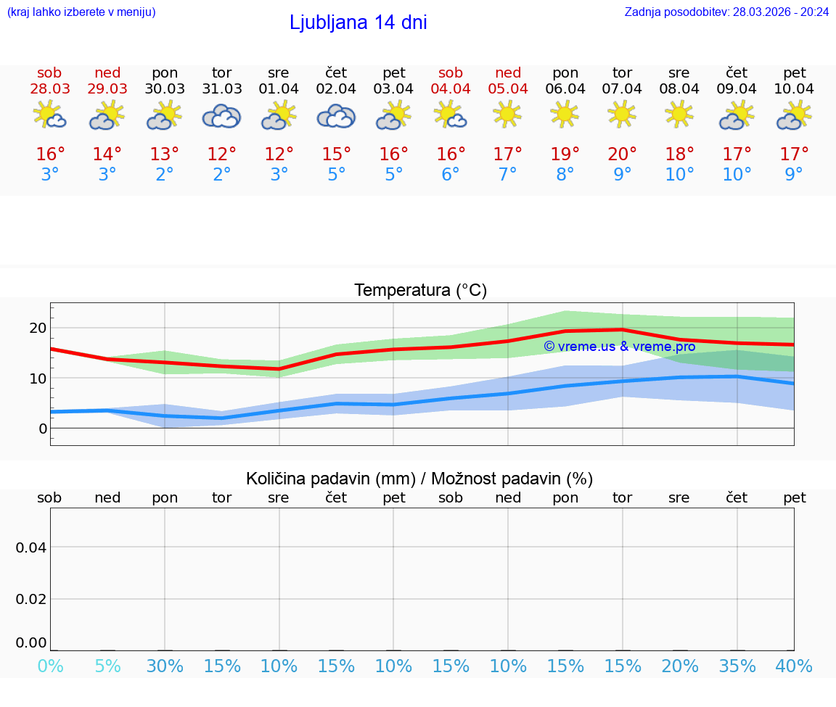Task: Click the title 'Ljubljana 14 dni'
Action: [358, 22]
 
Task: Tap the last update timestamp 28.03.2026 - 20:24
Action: [726, 12]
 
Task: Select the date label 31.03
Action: [221, 89]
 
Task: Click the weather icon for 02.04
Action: [336, 116]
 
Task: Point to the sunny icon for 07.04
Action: [622, 114]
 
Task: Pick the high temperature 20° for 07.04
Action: [622, 154]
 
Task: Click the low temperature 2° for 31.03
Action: [221, 175]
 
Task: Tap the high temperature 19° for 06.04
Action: [565, 154]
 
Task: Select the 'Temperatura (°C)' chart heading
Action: [420, 291]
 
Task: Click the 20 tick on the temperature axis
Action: [38, 328]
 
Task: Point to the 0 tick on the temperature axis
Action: [43, 429]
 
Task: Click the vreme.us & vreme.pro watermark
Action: [619, 347]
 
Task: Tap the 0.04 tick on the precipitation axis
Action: [31, 547]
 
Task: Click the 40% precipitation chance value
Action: [794, 666]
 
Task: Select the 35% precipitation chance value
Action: [737, 666]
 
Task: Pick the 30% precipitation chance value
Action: [165, 666]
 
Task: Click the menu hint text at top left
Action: [81, 12]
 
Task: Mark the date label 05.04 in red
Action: [508, 89]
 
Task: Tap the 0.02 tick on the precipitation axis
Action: [31, 599]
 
